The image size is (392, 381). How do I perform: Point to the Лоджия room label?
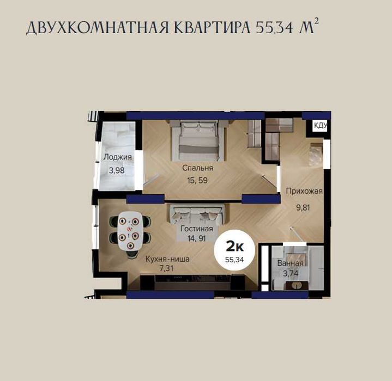point(118,157)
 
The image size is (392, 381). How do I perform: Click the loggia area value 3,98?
point(117,171)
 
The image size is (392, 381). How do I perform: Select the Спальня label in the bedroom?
point(197,168)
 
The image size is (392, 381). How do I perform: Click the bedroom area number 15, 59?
point(197,180)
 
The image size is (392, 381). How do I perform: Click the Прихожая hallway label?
point(304,192)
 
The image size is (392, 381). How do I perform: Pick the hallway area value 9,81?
point(303,207)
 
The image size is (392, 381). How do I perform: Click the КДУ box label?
point(320,125)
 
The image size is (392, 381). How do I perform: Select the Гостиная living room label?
point(197,229)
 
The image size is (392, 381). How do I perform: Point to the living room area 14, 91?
point(197,238)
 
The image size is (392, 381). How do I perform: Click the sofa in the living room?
point(199,214)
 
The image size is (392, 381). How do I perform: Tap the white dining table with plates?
point(130,231)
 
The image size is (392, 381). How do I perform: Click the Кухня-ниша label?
point(167,259)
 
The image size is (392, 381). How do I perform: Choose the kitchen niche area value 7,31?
point(166,268)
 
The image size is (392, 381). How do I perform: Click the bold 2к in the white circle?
point(235,247)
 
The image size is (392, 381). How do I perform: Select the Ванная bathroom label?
point(290,263)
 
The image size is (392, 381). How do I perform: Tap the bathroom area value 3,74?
point(291,273)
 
